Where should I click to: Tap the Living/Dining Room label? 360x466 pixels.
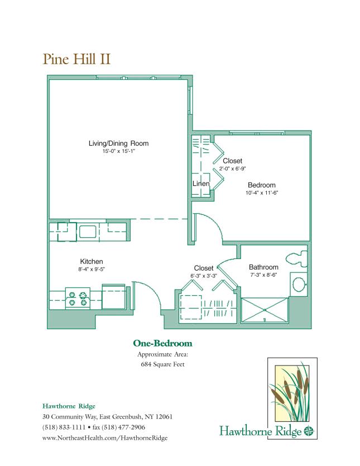tap(118, 143)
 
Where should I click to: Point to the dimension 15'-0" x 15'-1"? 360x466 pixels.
tap(118, 152)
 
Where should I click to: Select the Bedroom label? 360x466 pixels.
tap(262, 185)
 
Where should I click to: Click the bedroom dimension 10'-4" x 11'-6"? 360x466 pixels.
tap(262, 193)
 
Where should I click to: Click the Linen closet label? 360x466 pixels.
tap(201, 184)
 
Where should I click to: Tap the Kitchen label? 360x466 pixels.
tap(92, 261)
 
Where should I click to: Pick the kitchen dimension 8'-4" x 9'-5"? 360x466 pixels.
tap(92, 269)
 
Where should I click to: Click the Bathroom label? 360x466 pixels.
tap(263, 267)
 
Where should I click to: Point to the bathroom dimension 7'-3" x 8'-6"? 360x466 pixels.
tap(263, 275)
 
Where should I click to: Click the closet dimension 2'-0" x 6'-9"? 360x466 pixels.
tap(232, 169)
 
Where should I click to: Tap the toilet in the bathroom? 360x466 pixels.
tap(296, 258)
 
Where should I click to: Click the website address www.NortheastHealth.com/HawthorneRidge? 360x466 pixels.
tap(105, 438)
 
